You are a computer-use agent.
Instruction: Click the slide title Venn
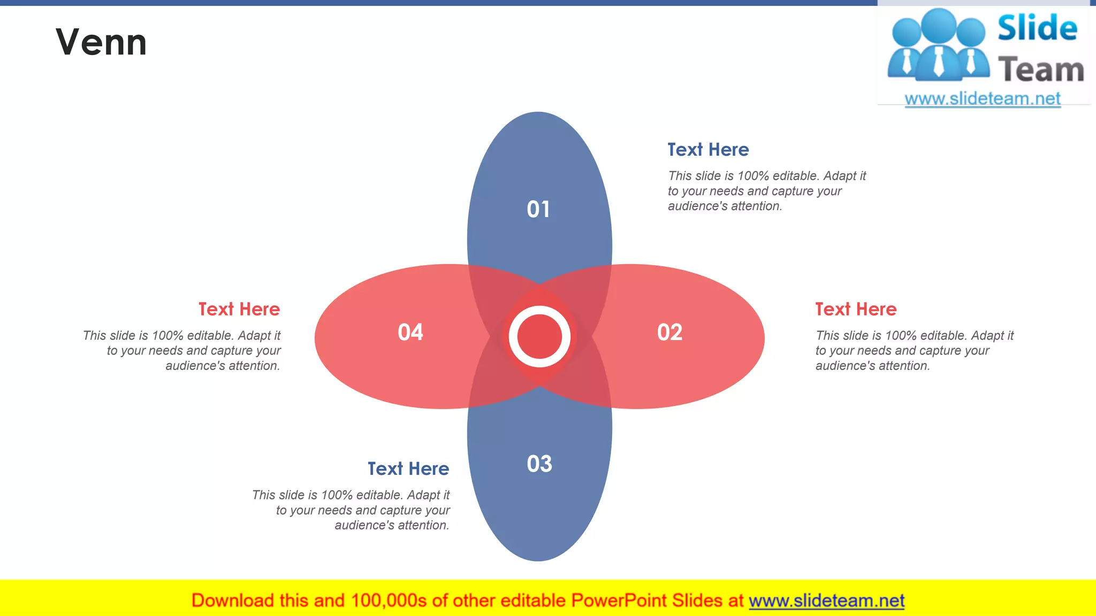pos(101,42)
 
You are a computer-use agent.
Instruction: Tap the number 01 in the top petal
pos(538,209)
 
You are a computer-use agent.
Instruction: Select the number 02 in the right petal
pos(669,332)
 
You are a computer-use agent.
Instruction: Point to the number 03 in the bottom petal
pos(539,464)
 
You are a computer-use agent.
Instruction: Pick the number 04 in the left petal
pos(410,332)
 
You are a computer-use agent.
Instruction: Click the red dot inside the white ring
pos(539,336)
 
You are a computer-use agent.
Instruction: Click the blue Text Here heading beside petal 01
pos(708,150)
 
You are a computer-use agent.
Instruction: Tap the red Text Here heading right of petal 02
pos(856,309)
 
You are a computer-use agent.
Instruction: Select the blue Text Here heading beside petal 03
pos(408,468)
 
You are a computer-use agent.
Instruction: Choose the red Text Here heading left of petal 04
pos(239,309)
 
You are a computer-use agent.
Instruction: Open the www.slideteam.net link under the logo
pos(983,98)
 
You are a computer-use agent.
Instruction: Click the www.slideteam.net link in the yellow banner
pos(826,600)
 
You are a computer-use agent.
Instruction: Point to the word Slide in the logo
pos(1037,28)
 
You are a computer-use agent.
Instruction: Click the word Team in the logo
pos(1041,70)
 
